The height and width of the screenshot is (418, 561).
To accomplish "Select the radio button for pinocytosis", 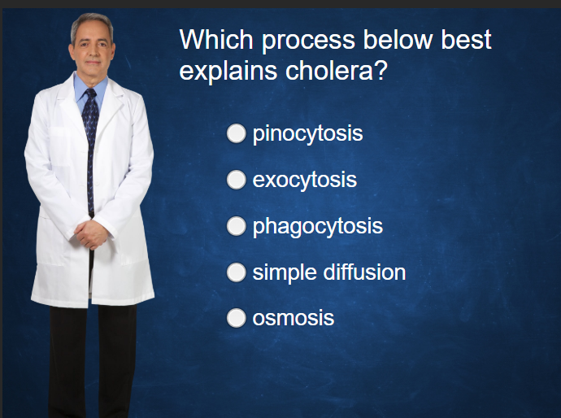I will (x=236, y=133).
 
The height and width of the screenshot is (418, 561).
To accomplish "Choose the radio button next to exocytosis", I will (x=236, y=180).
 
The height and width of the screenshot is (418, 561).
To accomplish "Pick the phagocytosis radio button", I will (x=236, y=226).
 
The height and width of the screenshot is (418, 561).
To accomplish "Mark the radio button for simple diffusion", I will (x=236, y=272).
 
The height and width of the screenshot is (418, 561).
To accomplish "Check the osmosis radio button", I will (x=236, y=318).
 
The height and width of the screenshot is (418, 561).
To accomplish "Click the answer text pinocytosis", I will (x=307, y=134).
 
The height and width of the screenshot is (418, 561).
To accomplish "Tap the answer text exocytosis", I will (x=304, y=180).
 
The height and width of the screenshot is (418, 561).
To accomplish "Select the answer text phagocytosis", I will (x=317, y=226).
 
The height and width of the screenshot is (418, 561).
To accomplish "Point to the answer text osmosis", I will (x=293, y=318).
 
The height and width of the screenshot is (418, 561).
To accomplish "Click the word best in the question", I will (x=467, y=39).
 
